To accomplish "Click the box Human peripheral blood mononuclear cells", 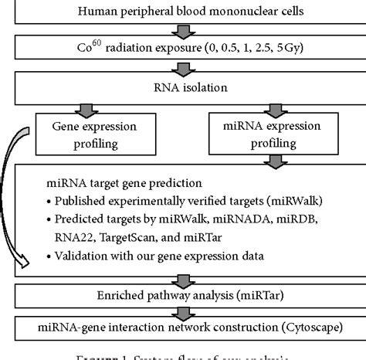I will tap(182, 12).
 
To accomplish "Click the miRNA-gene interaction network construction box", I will tap(182, 328).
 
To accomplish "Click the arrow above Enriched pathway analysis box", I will tap(183, 279).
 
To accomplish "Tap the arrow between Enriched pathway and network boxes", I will tap(183, 312).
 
